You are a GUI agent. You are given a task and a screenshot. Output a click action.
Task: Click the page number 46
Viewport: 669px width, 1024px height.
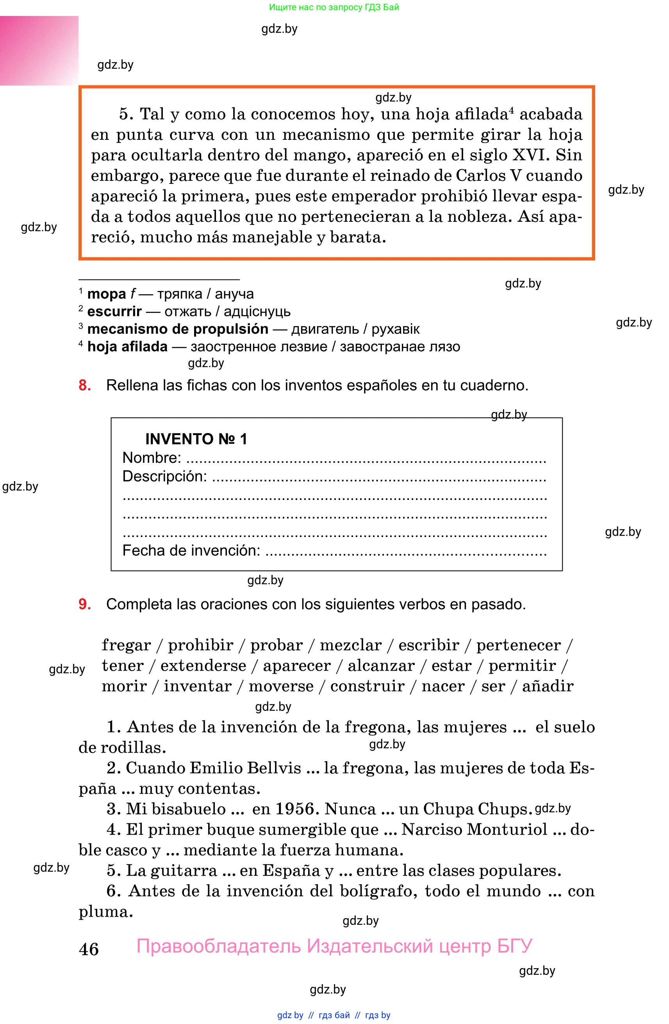(x=89, y=949)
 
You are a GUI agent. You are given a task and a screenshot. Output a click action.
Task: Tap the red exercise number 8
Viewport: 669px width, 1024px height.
(x=84, y=385)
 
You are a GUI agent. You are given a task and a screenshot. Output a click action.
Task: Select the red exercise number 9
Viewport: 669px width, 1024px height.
(x=84, y=604)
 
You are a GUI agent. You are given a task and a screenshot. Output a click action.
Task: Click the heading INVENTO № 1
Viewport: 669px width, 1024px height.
(x=196, y=439)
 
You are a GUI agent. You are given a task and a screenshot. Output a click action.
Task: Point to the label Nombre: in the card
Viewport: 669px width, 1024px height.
(x=152, y=458)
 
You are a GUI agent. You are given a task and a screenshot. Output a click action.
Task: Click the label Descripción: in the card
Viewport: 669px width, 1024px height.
(x=164, y=476)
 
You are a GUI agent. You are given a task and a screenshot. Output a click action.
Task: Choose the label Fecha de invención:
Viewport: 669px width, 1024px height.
(x=191, y=550)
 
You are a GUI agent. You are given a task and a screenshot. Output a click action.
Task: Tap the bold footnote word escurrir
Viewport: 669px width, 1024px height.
(x=114, y=312)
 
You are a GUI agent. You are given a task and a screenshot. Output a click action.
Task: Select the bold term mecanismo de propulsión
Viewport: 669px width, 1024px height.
(x=178, y=329)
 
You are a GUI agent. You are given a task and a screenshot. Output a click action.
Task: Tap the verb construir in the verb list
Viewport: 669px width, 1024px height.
(x=367, y=686)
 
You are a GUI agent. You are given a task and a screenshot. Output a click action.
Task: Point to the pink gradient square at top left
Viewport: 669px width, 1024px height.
(x=39, y=50)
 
